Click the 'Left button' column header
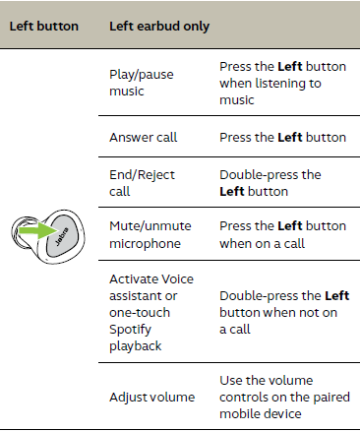point(45,25)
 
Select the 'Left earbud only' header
point(158,25)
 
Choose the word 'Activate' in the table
point(135,279)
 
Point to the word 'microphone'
point(144,243)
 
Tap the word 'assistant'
point(138,293)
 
